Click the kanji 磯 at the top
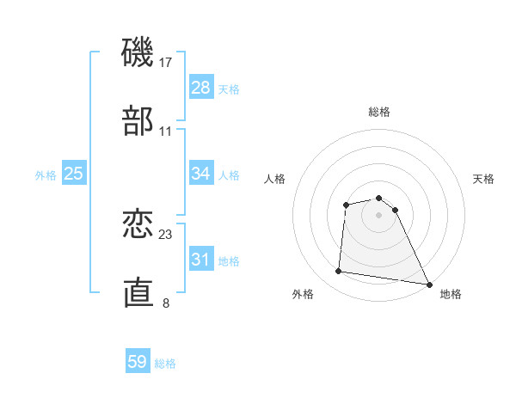coord(138,53)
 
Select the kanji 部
coord(138,122)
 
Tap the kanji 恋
coord(138,225)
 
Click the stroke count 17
coord(167,63)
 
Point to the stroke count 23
coord(167,235)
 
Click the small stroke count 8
coord(166,303)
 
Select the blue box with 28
coord(201,88)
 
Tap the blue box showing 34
coord(201,174)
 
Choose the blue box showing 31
coord(201,260)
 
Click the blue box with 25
coord(74,174)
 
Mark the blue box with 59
coord(138,362)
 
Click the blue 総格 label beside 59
coord(165,364)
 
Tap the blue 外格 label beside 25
coord(46,175)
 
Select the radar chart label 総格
coord(379,112)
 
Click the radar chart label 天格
coord(483,179)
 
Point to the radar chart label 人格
coord(275,179)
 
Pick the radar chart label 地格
coord(451,294)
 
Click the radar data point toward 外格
coord(339,272)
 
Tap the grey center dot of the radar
coord(379,215)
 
